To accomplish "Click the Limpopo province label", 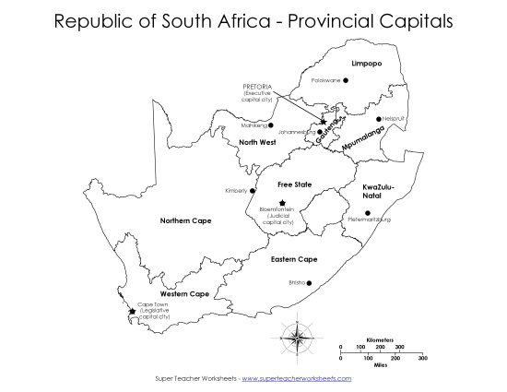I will [x=366, y=63].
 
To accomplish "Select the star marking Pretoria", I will [x=323, y=122].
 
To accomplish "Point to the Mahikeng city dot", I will [x=270, y=125].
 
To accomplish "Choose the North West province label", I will [x=257, y=142].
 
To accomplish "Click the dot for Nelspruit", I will [x=378, y=119].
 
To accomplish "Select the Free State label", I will [x=295, y=184].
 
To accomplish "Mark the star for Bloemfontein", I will [x=282, y=203].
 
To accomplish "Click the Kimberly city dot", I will [x=253, y=191].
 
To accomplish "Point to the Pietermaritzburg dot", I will [x=367, y=213].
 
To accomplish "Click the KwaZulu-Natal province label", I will [x=376, y=192].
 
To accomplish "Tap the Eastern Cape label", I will [x=295, y=259].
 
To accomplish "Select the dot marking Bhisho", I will [x=309, y=283].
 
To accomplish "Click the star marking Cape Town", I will [x=132, y=311].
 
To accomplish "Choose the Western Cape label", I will [x=184, y=293].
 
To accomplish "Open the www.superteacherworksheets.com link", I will [x=296, y=378].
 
